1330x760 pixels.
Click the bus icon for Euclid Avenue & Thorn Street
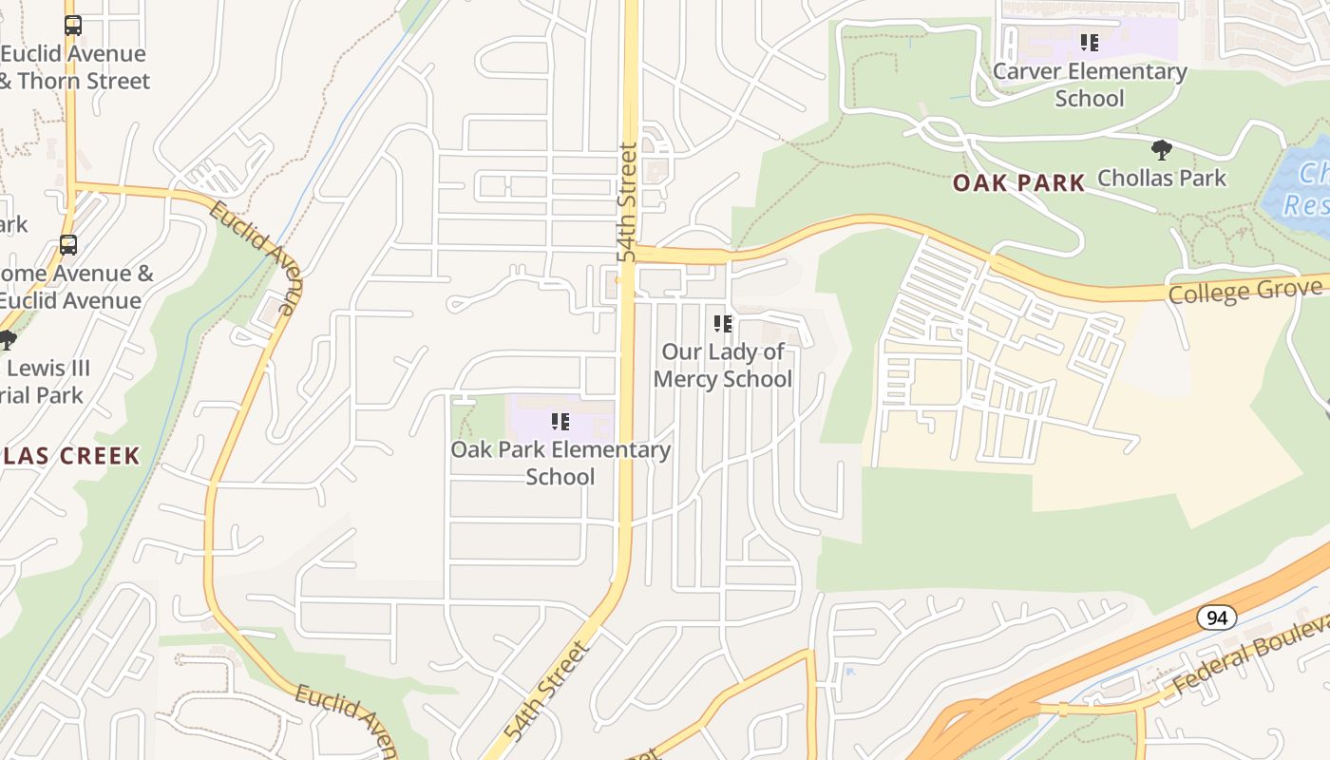click(x=73, y=26)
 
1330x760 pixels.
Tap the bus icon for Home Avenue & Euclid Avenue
click(x=68, y=245)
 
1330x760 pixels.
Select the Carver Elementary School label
click(x=1090, y=85)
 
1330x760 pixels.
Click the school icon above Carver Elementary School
click(x=1090, y=43)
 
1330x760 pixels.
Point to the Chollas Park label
click(x=1162, y=178)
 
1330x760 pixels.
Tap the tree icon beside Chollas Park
click(x=1161, y=150)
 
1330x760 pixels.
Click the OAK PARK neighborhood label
click(x=1018, y=183)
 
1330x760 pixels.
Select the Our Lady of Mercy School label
click(x=723, y=366)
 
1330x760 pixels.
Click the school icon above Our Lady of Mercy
click(x=723, y=324)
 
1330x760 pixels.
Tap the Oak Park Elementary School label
click(x=560, y=463)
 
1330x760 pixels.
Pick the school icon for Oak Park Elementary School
click(x=560, y=421)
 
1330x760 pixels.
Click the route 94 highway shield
click(x=1216, y=618)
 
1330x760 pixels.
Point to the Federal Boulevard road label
click(x=1249, y=655)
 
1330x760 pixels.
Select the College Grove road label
click(x=1244, y=291)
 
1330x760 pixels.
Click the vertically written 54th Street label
click(x=627, y=202)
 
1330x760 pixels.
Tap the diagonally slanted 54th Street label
click(x=548, y=692)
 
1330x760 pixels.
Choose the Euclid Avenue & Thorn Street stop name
click(x=74, y=67)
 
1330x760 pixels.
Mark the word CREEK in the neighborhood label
click(x=100, y=456)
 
